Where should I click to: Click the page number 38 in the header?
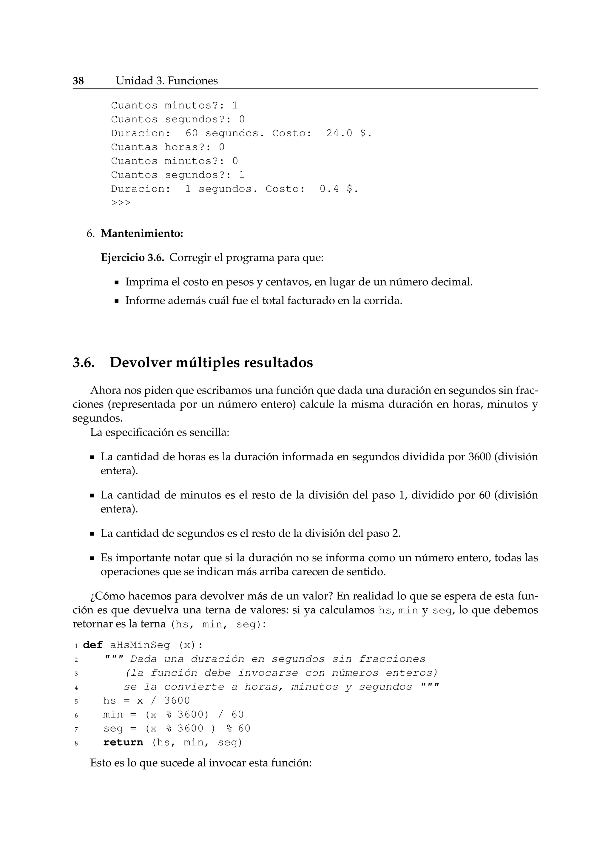click(78, 81)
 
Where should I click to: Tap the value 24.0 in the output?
click(339, 133)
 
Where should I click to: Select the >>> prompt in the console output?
click(121, 203)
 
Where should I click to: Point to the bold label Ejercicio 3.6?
click(132, 258)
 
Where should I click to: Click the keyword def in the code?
click(92, 645)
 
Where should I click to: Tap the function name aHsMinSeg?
click(140, 645)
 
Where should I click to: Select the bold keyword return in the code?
click(123, 743)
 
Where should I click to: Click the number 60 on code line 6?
click(237, 715)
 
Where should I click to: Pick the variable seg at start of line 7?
click(113, 729)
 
